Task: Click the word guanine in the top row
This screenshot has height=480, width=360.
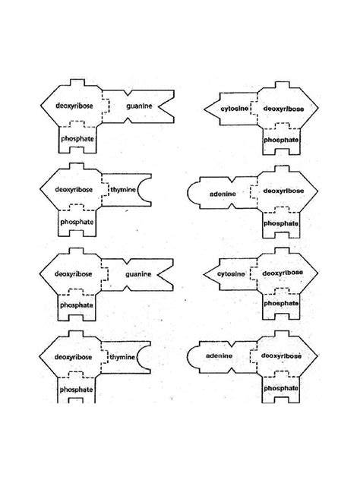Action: (139, 106)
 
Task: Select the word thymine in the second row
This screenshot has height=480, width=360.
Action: (123, 190)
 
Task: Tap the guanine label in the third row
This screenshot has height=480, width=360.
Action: (138, 274)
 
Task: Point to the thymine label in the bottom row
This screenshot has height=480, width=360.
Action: (122, 357)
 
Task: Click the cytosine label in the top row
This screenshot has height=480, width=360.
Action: (235, 109)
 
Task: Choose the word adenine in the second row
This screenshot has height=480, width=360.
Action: (223, 194)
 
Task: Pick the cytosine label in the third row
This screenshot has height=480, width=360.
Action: (231, 273)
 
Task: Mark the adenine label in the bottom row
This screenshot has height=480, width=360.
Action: (219, 355)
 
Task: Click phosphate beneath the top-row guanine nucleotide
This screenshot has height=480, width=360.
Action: (77, 139)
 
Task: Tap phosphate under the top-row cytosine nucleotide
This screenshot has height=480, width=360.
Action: (281, 140)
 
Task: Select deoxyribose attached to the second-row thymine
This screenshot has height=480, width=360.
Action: (74, 189)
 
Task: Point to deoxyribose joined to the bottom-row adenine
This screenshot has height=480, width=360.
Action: (281, 356)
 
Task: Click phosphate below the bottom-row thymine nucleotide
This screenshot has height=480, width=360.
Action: (76, 390)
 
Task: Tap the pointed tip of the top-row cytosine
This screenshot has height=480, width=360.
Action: (204, 109)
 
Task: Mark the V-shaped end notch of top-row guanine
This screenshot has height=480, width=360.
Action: (160, 106)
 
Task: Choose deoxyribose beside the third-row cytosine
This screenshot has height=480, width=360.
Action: (283, 273)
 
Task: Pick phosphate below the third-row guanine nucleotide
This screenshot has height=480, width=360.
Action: (77, 305)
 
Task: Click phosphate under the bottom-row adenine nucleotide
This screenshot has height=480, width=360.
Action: (281, 388)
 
